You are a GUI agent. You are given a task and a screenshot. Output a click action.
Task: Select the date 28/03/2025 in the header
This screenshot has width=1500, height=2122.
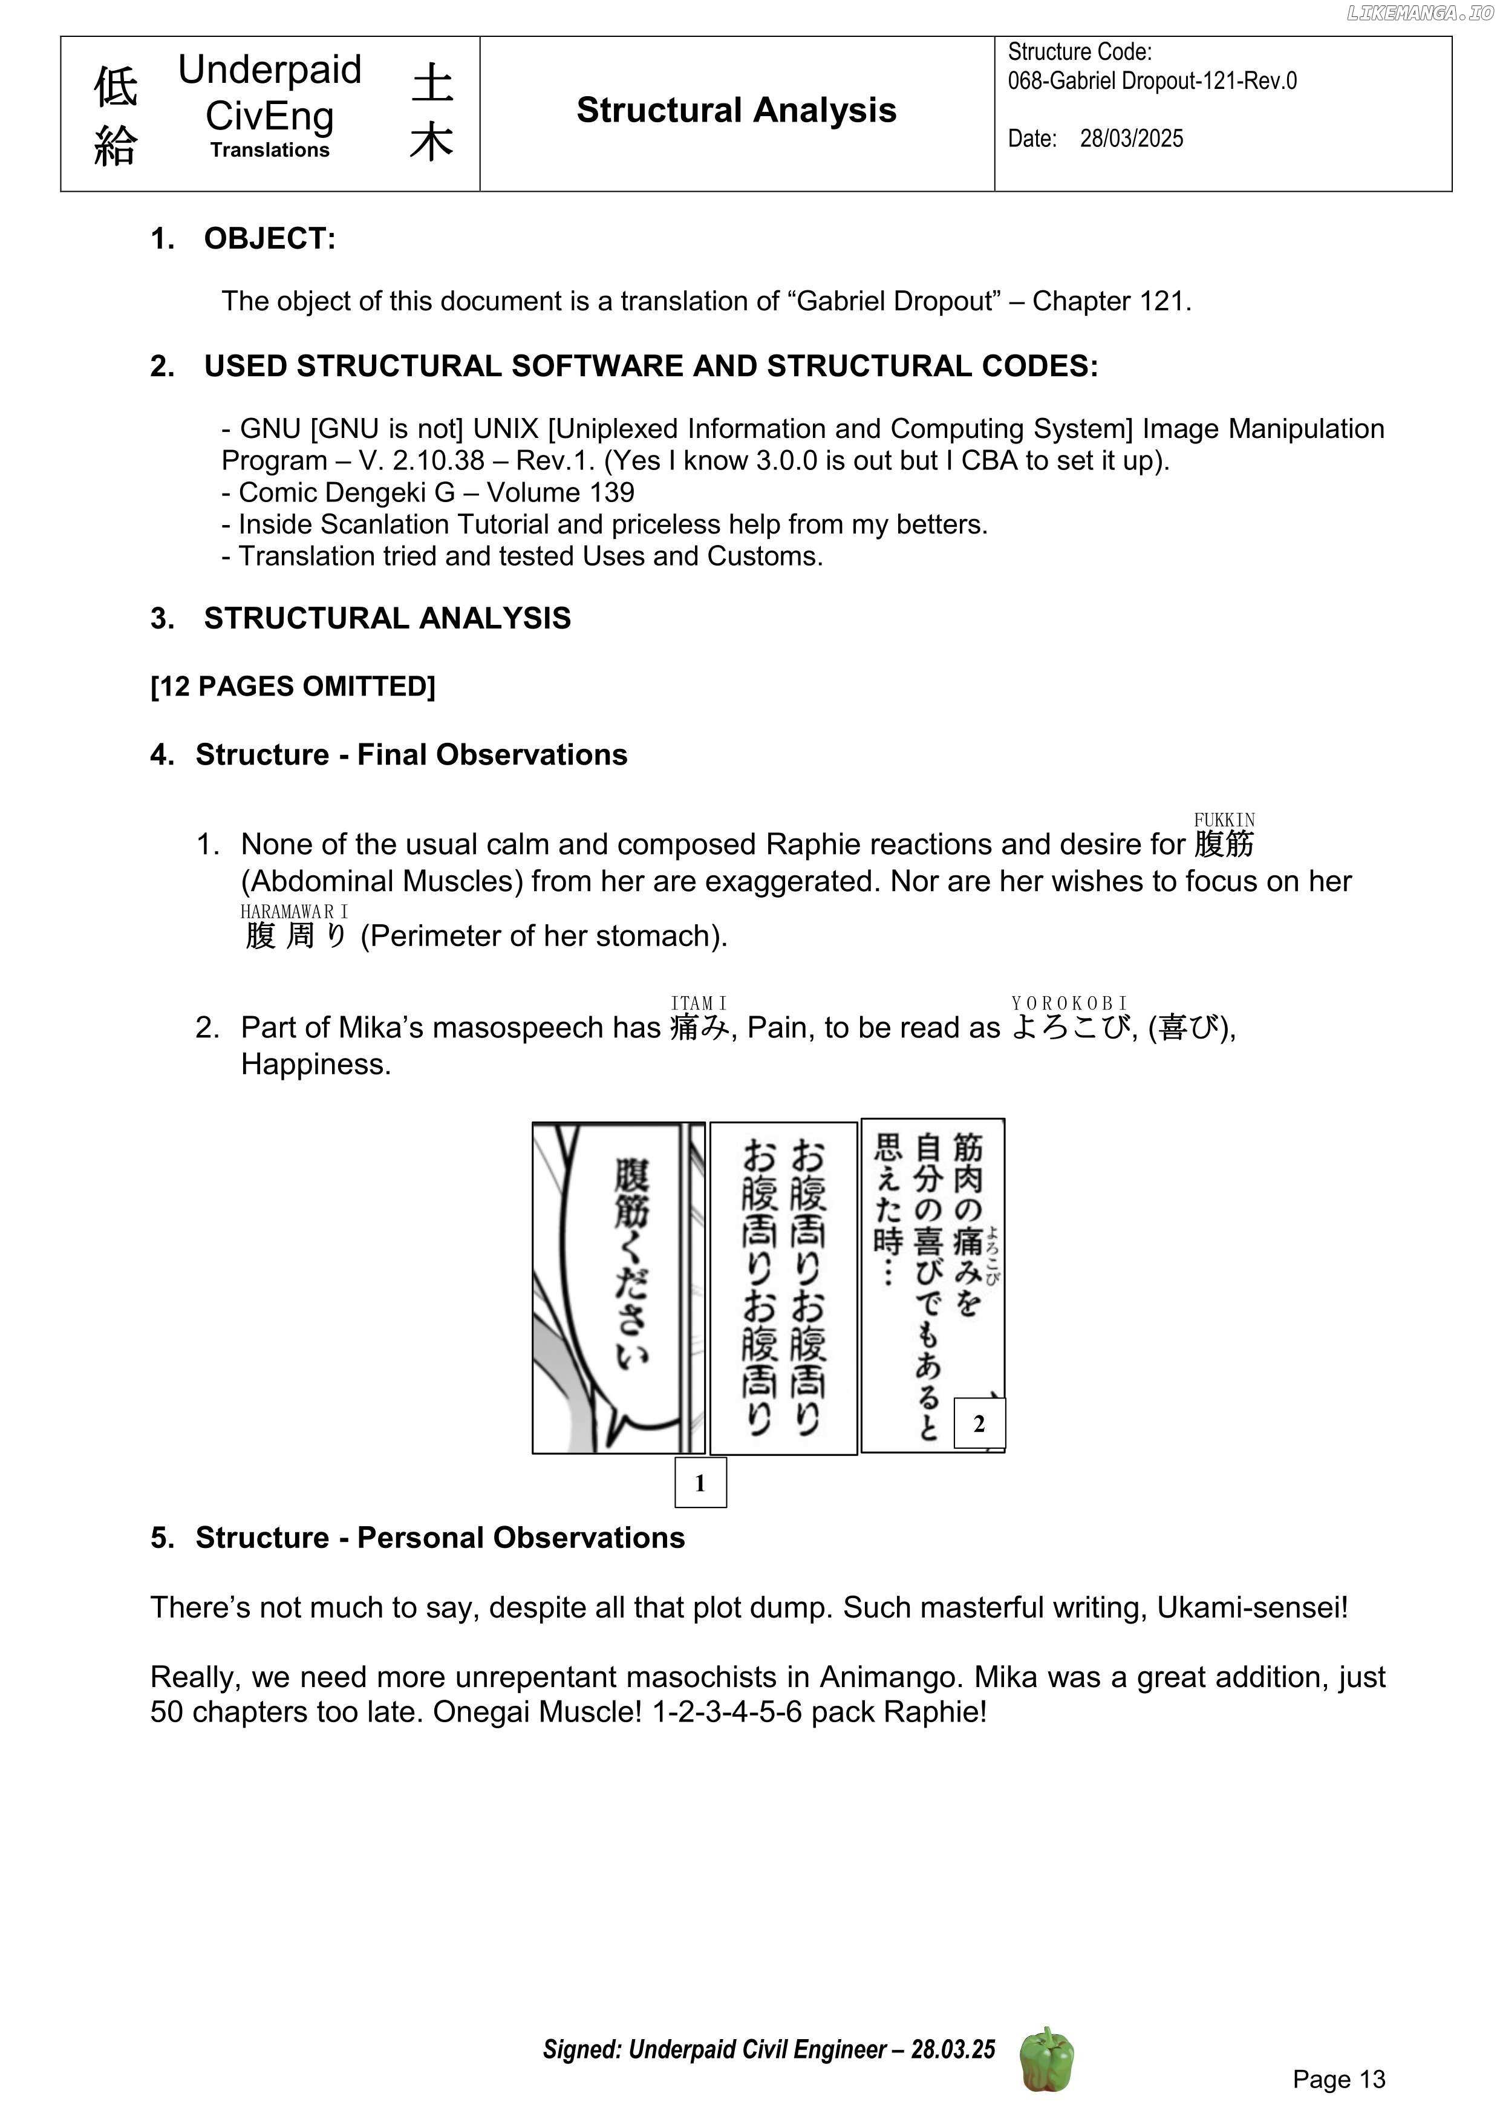point(1131,139)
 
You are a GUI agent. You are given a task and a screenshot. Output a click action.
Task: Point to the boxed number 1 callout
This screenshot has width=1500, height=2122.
point(700,1483)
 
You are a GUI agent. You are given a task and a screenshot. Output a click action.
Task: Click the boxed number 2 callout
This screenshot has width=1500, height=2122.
point(979,1423)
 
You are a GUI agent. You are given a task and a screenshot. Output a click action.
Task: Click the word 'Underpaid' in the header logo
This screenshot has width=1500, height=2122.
point(269,70)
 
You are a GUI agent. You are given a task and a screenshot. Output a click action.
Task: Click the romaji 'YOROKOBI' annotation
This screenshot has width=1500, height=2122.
point(1069,1003)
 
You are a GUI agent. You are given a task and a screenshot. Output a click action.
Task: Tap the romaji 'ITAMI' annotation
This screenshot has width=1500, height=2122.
point(699,1003)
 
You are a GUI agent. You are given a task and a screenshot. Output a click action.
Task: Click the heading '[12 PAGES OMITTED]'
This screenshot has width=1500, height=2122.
point(292,687)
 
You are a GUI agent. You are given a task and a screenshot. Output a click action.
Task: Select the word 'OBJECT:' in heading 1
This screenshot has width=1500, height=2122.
point(270,238)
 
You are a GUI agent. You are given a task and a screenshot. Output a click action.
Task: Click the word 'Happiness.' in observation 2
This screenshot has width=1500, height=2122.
point(316,1064)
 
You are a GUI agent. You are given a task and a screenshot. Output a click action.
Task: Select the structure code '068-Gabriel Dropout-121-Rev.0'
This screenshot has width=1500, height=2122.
point(1152,81)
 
